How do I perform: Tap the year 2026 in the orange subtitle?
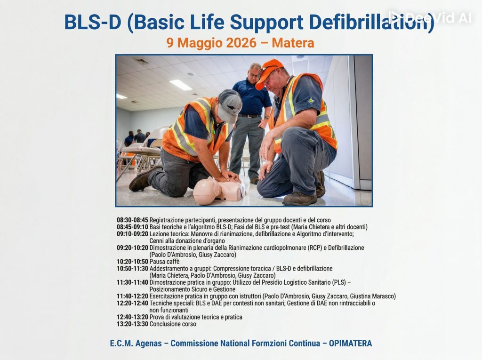pos(241,43)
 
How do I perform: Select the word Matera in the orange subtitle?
pos(293,43)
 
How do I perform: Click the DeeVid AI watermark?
pos(430,17)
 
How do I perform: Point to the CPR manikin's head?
pos(207,191)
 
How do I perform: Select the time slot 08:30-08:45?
pos(132,220)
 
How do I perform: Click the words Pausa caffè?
pos(164,262)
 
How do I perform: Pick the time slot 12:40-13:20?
pos(132,317)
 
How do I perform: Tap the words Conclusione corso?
pos(173,324)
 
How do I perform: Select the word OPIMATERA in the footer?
pos(350,343)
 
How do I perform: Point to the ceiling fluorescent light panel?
pos(181,85)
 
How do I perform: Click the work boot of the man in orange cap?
pos(299,199)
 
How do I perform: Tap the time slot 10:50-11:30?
pos(132,269)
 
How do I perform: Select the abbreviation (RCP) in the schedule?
pos(315,248)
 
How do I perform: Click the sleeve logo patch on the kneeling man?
pos(312,100)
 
